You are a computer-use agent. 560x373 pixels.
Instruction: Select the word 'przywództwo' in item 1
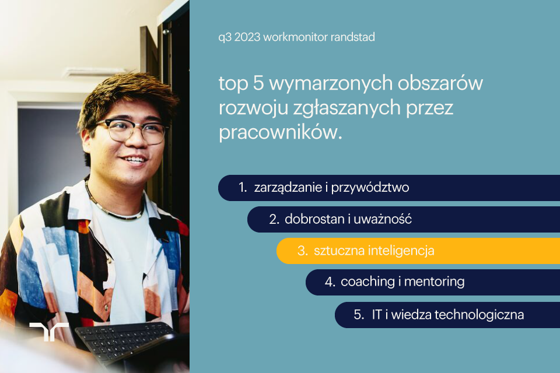point(377,188)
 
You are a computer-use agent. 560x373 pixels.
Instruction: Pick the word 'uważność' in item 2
point(387,219)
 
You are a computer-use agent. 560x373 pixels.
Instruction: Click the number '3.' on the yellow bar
point(302,251)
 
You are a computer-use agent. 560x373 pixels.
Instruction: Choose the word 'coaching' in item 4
point(367,282)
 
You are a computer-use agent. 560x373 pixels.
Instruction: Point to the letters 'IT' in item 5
point(377,315)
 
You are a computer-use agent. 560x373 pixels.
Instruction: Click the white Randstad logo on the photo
point(49,332)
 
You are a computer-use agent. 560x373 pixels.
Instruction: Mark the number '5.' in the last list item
point(359,315)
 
